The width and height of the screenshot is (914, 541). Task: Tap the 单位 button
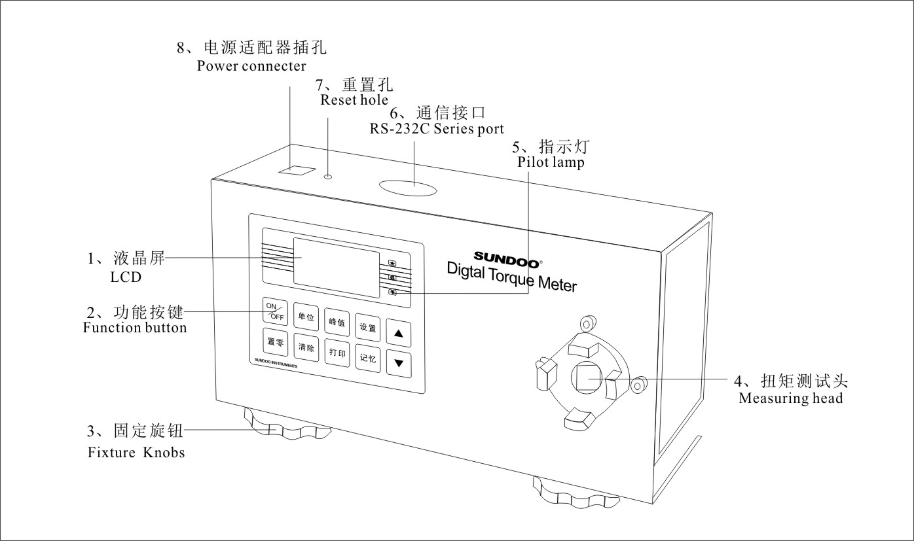point(306,317)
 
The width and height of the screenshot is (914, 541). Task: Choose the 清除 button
point(306,347)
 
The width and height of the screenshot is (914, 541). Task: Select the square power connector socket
point(296,169)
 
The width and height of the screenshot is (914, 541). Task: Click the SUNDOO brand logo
point(507,257)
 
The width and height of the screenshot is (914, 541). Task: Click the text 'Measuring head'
point(790,398)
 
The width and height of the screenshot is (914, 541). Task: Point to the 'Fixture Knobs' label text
point(136,452)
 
